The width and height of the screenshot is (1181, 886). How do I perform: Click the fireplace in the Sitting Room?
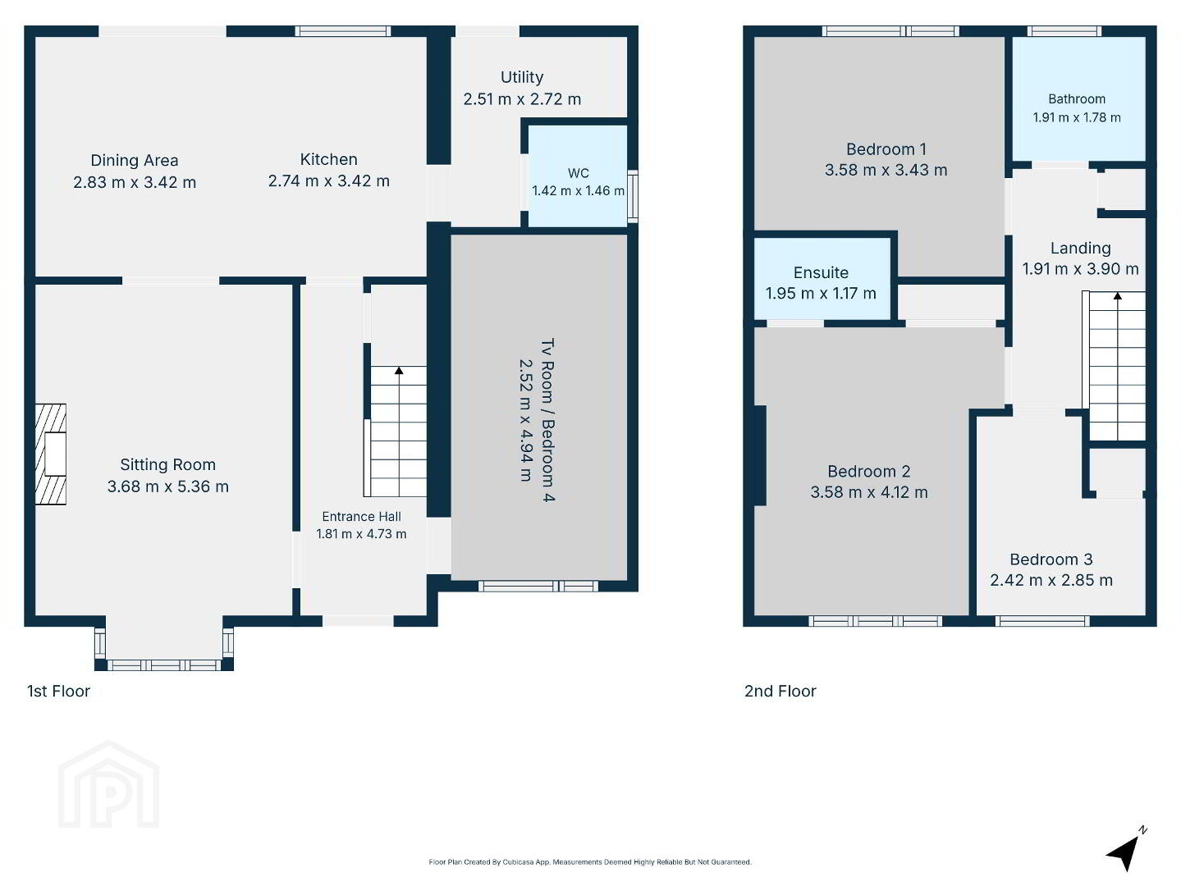tap(51, 454)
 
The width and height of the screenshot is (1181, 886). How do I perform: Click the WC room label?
tap(579, 173)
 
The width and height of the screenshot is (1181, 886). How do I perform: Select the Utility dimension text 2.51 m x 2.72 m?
tap(522, 99)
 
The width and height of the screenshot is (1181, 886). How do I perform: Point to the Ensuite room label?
tap(821, 272)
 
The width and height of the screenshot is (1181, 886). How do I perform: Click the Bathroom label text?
tap(1077, 99)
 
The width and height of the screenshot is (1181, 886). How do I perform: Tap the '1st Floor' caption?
tap(58, 691)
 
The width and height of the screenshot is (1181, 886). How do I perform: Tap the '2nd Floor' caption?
tap(780, 691)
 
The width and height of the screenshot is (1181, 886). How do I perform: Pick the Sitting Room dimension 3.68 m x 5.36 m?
tap(168, 486)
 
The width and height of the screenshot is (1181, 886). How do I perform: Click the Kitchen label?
tap(329, 159)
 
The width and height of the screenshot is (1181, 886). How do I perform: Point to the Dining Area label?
tap(135, 160)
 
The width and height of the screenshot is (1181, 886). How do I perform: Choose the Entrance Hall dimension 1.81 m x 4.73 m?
tap(362, 534)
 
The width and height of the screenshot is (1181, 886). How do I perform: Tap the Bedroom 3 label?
tap(1051, 559)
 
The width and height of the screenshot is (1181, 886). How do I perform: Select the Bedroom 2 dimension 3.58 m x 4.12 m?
tap(869, 492)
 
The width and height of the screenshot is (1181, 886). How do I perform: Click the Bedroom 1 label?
tap(886, 149)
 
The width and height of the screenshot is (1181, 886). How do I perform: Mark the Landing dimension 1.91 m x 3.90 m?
tap(1080, 269)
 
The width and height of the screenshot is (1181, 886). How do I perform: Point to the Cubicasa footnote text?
tap(590, 862)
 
